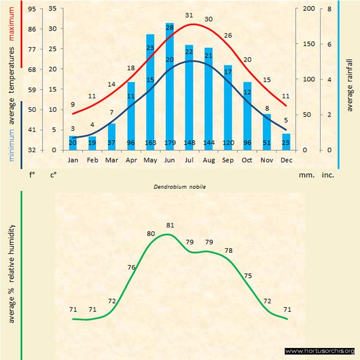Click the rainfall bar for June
(170, 87)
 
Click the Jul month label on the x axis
(189, 160)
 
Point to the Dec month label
(286, 160)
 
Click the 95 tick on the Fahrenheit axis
(32, 9)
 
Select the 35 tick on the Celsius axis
(53, 9)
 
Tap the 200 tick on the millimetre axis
(309, 9)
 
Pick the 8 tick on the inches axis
(329, 9)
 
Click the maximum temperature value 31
(189, 15)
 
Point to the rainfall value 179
(170, 143)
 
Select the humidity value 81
(170, 225)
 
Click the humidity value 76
(131, 267)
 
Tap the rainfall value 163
(151, 143)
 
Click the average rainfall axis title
(350, 84)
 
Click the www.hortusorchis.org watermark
(320, 351)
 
